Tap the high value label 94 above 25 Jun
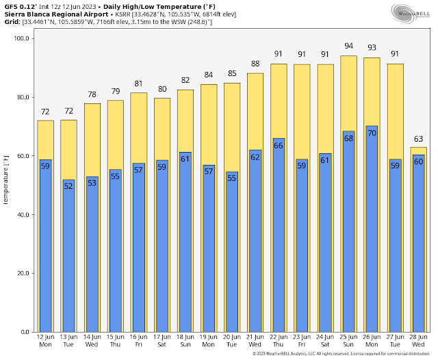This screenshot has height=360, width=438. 349,47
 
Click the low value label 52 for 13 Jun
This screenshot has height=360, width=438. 68,185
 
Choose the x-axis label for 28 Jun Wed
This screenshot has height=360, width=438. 418,341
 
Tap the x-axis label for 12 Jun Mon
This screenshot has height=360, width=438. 45,341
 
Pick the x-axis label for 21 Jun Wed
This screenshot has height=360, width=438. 255,341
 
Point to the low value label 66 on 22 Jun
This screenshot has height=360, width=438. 279,145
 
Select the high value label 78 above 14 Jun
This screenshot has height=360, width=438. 92,94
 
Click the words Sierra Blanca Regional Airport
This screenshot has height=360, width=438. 55,14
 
